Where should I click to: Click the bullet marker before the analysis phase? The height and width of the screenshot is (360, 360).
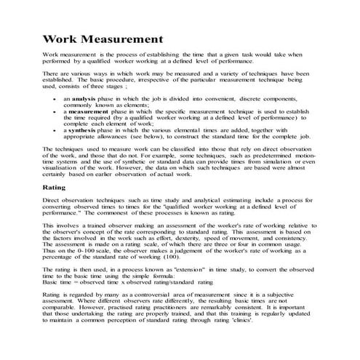57,97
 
